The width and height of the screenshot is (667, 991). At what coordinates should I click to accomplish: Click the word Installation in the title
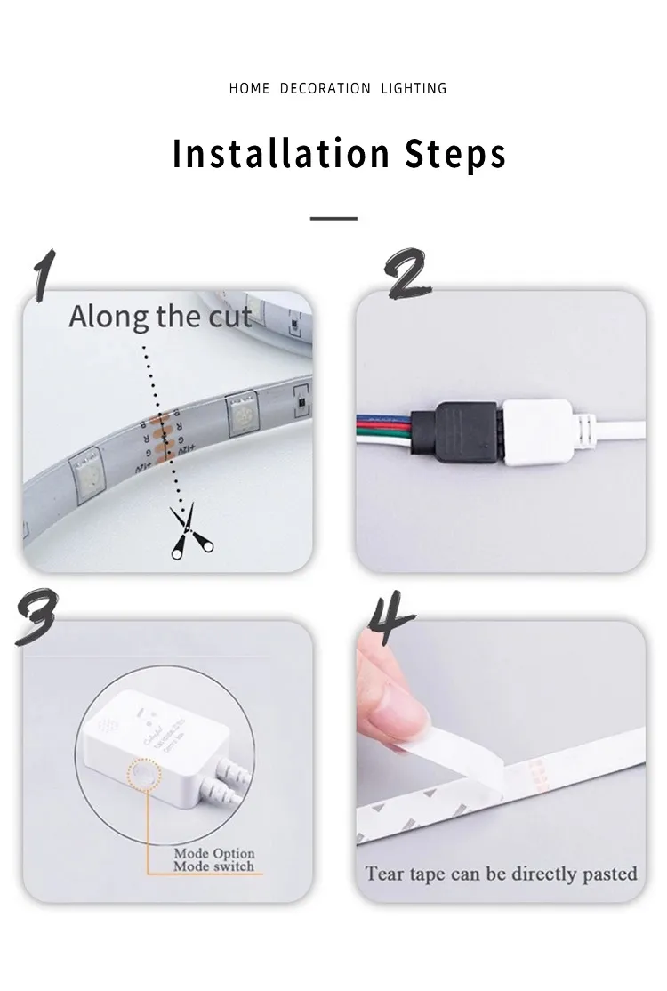(x=282, y=153)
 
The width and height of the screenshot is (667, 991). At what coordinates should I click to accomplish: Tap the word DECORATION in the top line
(x=325, y=88)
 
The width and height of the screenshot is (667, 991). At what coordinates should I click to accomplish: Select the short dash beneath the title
(x=334, y=218)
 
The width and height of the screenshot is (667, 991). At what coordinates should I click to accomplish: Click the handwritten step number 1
(x=43, y=275)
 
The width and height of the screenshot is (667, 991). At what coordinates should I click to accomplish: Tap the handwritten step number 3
(x=36, y=616)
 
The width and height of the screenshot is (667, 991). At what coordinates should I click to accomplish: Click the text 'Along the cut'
(x=160, y=316)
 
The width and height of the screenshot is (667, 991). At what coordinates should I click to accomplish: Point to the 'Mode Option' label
(x=213, y=853)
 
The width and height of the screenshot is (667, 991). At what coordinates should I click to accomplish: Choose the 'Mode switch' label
(x=213, y=866)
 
